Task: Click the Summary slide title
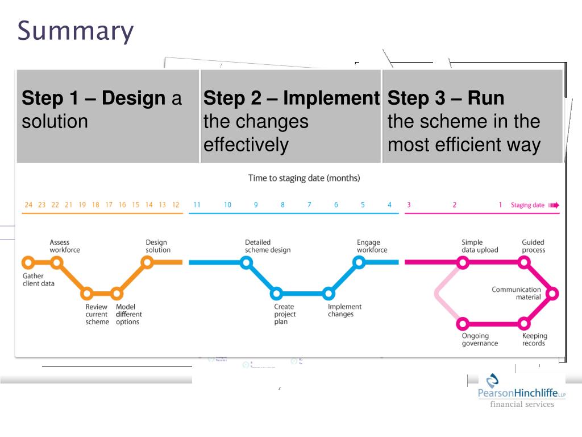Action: (76, 31)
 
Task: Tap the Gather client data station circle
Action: (27, 262)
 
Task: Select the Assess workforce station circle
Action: (56, 262)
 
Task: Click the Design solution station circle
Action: (147, 262)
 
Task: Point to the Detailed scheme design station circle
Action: (246, 262)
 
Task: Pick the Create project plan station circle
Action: (276, 294)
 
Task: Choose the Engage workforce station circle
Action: (359, 262)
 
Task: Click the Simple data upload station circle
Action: (463, 262)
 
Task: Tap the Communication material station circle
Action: (552, 294)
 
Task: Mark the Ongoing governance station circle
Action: (463, 324)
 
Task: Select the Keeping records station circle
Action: (525, 324)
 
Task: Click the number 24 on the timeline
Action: (28, 205)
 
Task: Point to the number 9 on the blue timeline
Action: (256, 205)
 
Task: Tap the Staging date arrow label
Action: (534, 205)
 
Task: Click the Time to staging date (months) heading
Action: (304, 178)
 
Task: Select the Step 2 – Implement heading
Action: (291, 98)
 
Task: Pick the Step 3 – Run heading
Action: (446, 98)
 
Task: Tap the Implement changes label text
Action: (344, 311)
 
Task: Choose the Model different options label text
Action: (128, 314)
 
